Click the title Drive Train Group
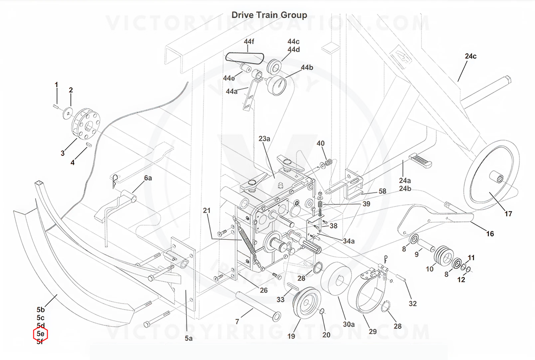(x=269, y=15)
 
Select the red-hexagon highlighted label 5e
(x=41, y=334)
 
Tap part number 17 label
(x=508, y=214)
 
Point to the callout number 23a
(x=264, y=139)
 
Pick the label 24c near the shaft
(x=470, y=57)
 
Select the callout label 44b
(x=307, y=68)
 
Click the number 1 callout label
(x=57, y=85)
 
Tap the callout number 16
(x=490, y=234)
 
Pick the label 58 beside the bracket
(x=382, y=191)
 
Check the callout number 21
(x=206, y=210)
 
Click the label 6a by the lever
(x=148, y=178)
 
